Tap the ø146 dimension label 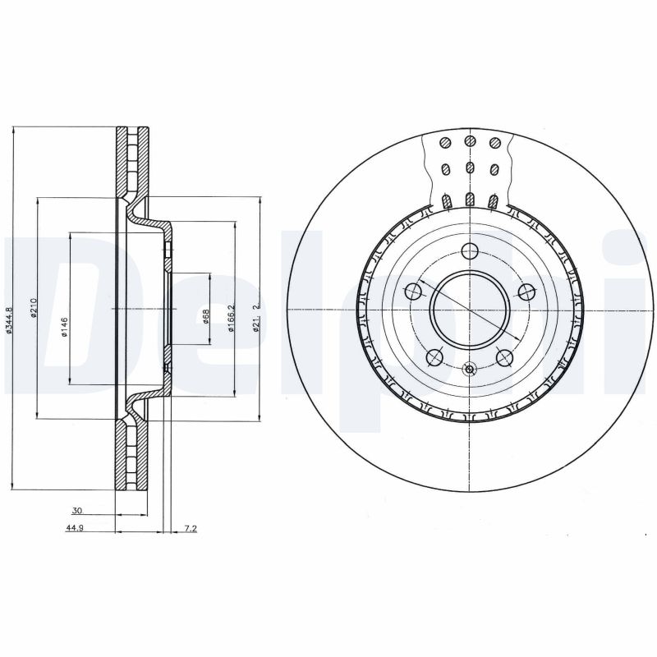pos(64,328)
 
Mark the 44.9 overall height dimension pos(76,529)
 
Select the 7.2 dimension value pos(190,529)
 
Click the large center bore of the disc pos(470,309)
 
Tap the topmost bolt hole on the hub pos(470,251)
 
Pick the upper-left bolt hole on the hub pos(415,291)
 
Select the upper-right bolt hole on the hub pos(525,291)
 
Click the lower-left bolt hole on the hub pos(435,356)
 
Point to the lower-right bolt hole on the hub pos(504,356)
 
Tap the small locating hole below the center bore pos(470,369)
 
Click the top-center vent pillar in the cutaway pos(470,142)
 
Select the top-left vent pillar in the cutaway pos(445,143)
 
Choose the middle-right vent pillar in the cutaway pos(494,170)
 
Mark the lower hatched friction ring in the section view pos(131,455)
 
